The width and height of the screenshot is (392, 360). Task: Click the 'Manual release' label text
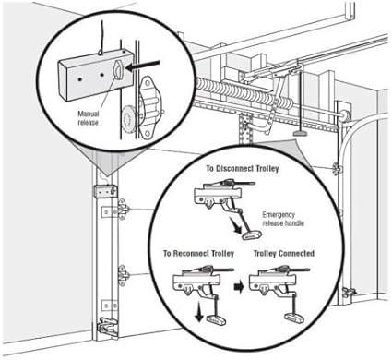click(x=89, y=118)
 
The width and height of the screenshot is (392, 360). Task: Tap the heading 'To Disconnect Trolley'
click(x=243, y=168)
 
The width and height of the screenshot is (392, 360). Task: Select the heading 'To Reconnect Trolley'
click(x=198, y=254)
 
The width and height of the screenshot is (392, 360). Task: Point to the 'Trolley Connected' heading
click(x=284, y=253)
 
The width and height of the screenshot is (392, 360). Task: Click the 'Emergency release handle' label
click(x=283, y=219)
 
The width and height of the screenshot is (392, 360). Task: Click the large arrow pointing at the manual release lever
click(x=143, y=66)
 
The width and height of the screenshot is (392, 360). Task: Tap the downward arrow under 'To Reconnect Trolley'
click(x=199, y=312)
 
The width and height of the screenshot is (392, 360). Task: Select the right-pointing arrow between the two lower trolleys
click(x=239, y=287)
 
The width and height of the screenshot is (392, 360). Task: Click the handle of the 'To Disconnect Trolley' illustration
click(x=252, y=235)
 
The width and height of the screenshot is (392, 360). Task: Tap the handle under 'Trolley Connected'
click(x=295, y=318)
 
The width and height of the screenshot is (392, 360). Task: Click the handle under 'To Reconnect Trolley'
click(x=216, y=319)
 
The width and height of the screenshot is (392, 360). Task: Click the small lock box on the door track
click(x=105, y=191)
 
